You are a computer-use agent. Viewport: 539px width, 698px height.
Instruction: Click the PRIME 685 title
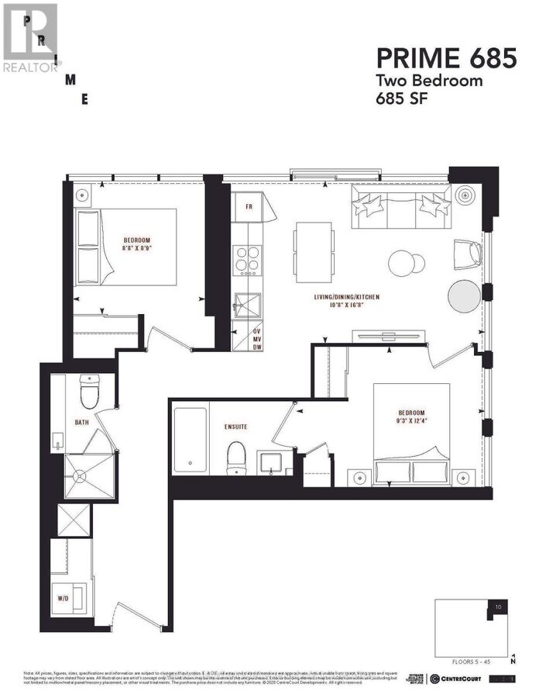[445, 57]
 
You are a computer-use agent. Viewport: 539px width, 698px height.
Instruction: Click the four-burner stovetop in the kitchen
[247, 260]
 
